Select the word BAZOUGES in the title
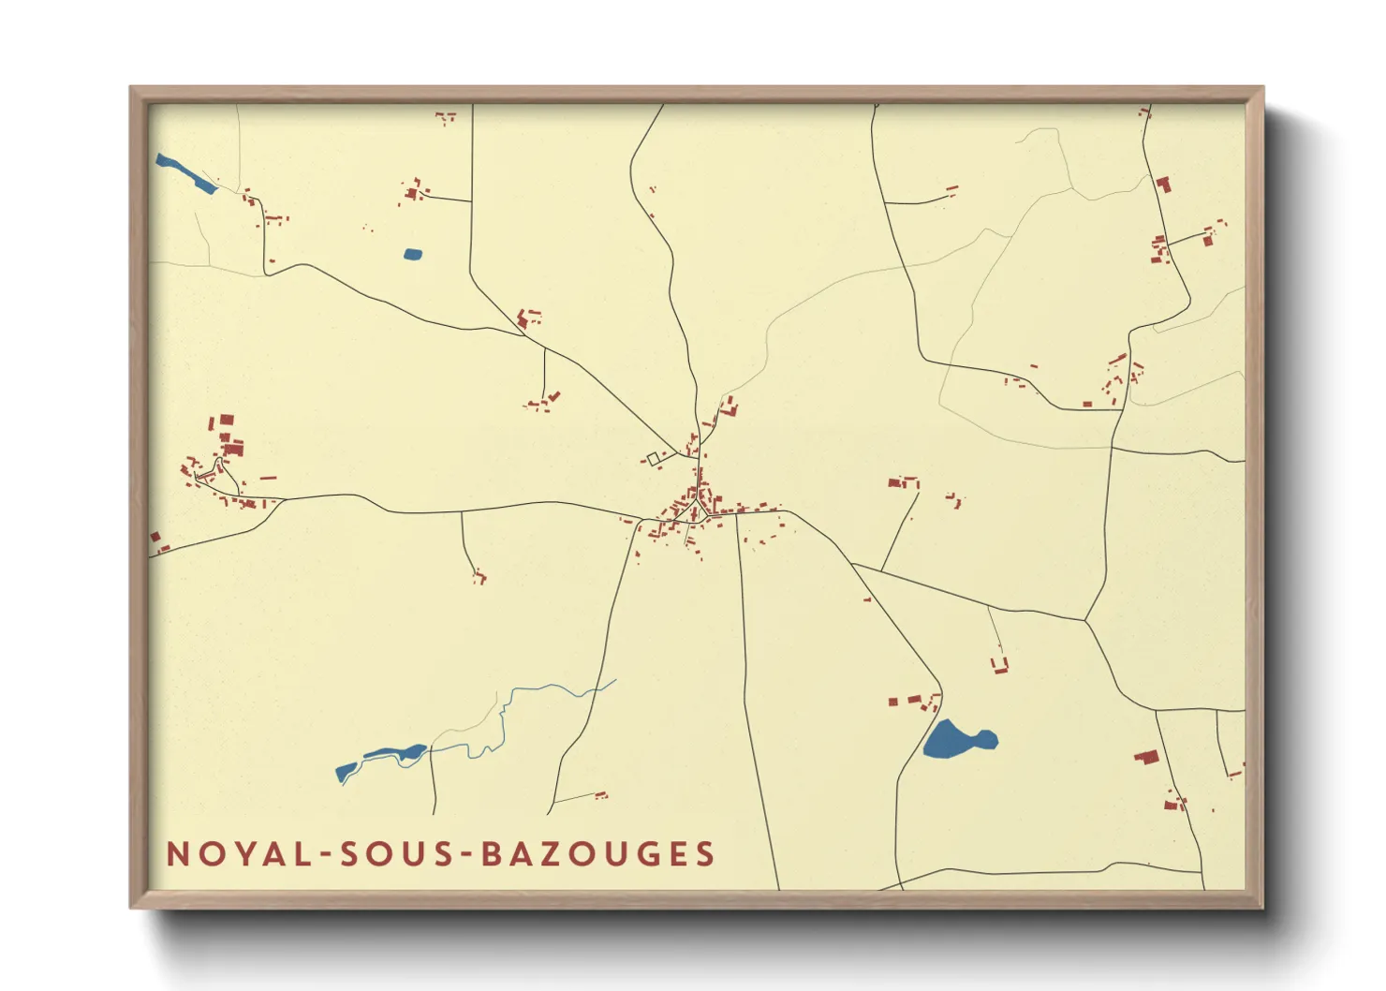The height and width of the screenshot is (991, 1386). pos(599,854)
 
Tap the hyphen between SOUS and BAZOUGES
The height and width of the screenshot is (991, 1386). pos(469,855)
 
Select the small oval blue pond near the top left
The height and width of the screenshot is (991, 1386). pos(413,254)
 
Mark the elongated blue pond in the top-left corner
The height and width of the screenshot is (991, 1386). pos(185,173)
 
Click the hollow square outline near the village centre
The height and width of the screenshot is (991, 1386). pos(653,459)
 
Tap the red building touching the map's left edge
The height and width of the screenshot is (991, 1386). pos(155,538)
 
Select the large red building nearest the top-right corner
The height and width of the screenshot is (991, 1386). pos(1163,184)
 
